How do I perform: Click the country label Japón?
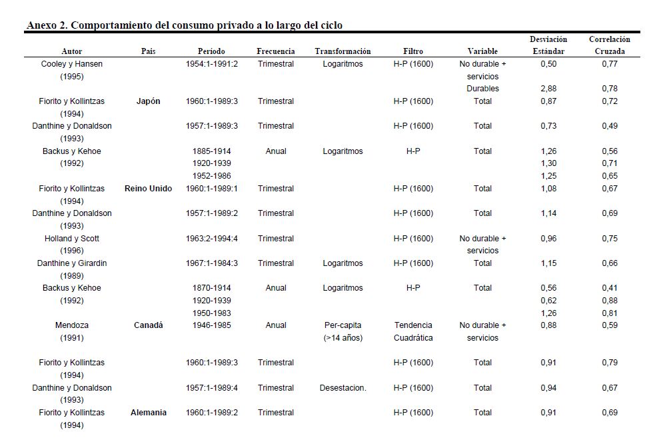click(148, 101)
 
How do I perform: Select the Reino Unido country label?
click(148, 189)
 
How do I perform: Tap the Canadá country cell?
click(148, 325)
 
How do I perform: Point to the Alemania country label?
click(148, 413)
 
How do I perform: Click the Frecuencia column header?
click(276, 51)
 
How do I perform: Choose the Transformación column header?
click(342, 51)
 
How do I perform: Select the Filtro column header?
click(413, 51)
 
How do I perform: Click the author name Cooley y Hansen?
click(72, 64)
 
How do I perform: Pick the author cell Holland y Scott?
click(72, 239)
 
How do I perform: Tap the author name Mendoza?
click(72, 325)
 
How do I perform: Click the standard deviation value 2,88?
click(548, 89)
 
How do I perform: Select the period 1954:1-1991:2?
click(212, 64)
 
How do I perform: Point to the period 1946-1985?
click(212, 325)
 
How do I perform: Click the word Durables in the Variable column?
click(482, 89)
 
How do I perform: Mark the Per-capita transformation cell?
click(342, 325)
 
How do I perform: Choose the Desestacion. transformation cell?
click(342, 388)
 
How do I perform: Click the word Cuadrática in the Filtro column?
click(413, 338)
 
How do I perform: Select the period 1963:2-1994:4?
click(212, 239)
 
